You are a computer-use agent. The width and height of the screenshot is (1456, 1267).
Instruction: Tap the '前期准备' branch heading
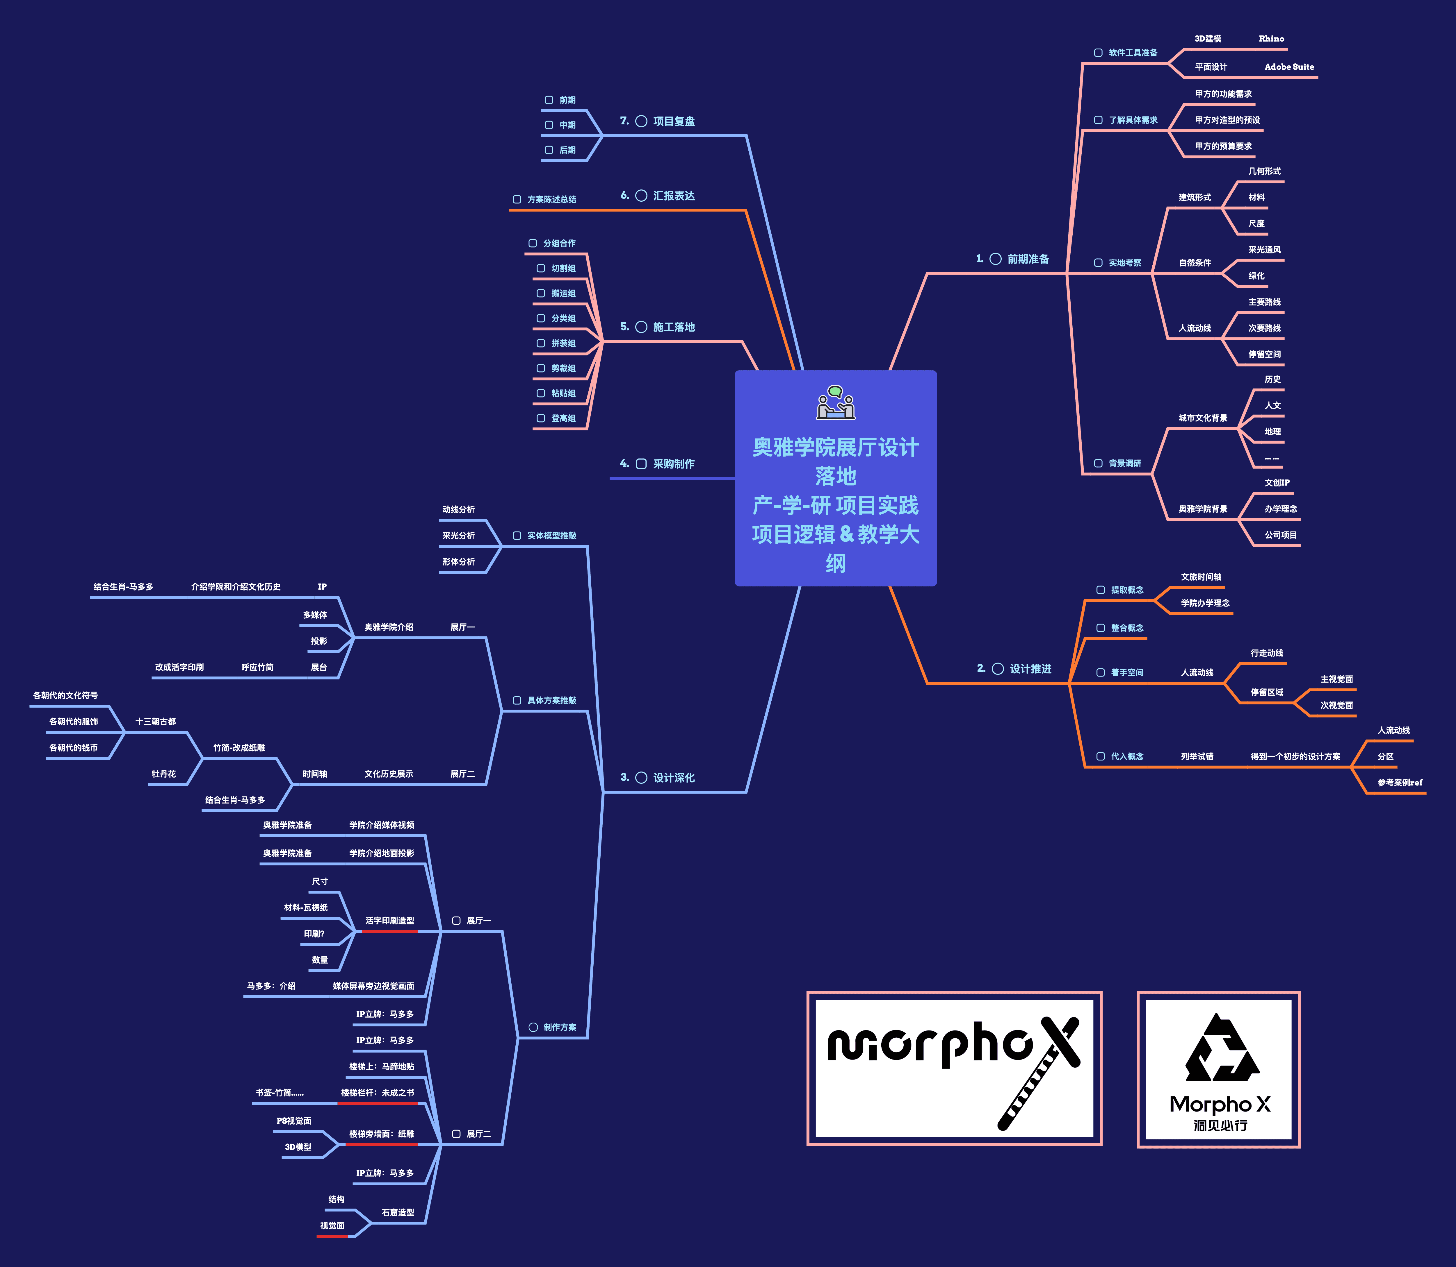(1027, 260)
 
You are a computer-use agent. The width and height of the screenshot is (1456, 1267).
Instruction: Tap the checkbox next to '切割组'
(540, 269)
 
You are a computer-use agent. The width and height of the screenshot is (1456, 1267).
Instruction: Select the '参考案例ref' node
(1399, 783)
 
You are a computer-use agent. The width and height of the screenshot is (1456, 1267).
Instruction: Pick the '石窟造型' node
(398, 1213)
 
